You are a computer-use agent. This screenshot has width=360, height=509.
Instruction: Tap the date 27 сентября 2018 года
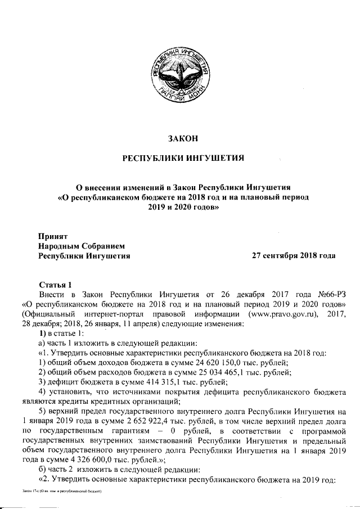pos(293,255)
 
